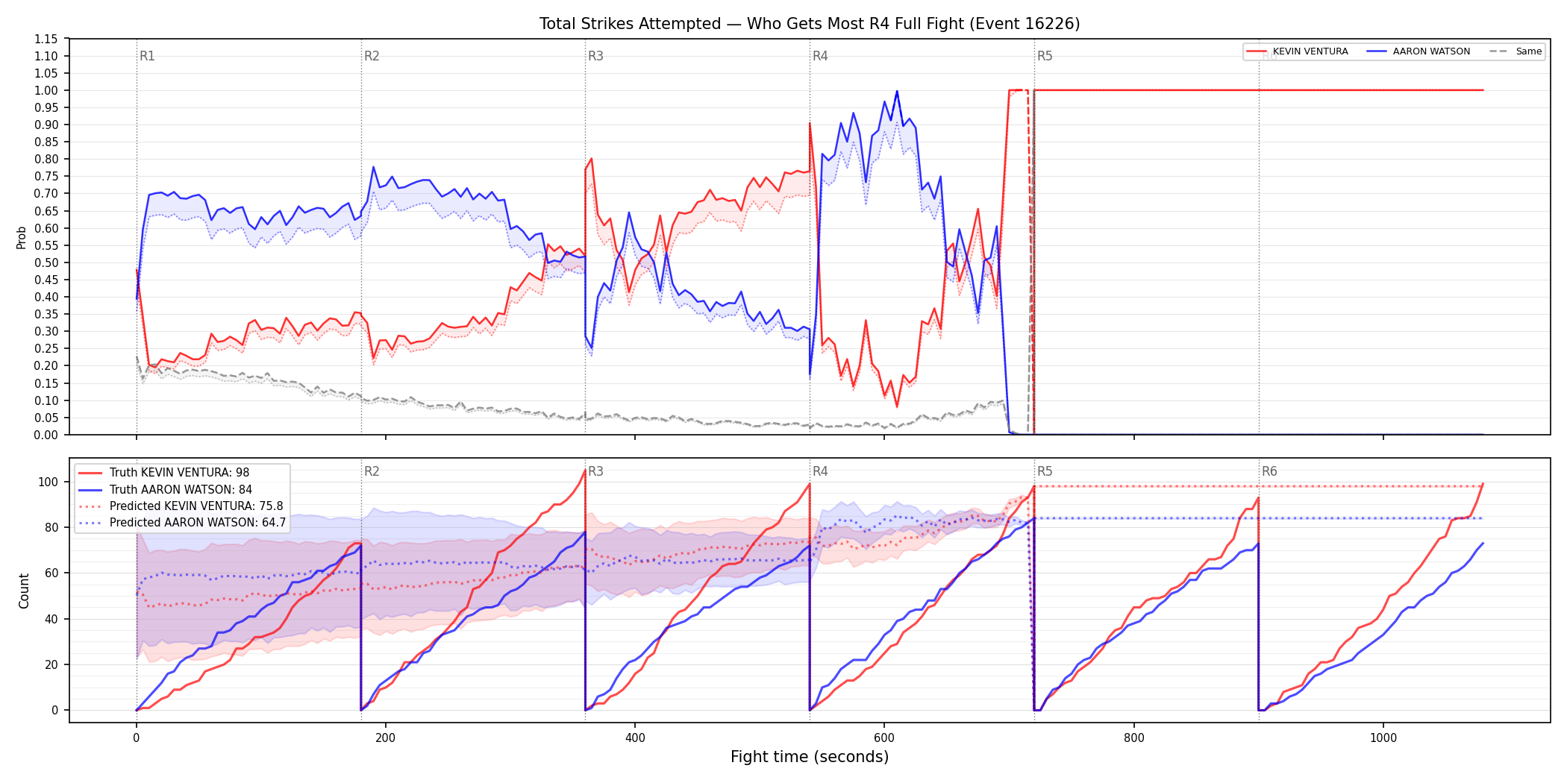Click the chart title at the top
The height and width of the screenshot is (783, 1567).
coord(810,24)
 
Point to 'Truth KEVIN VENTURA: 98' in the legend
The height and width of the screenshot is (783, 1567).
coord(179,473)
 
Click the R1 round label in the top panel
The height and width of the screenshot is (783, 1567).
coord(147,56)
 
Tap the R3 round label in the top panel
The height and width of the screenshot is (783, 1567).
coord(595,56)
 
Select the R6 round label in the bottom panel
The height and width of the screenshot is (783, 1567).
coord(1269,471)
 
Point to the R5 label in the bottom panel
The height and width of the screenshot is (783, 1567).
coord(1045,471)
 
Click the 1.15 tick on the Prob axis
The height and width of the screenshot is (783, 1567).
coord(46,39)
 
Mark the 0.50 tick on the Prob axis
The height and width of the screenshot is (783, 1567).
coord(46,262)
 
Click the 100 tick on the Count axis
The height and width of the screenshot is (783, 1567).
coord(49,482)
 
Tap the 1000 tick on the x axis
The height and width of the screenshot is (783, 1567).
coord(1383,738)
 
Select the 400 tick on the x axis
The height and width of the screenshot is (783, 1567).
coord(635,738)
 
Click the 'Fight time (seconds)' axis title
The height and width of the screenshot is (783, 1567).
coord(810,757)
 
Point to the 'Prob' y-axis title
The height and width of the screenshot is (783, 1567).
coord(22,237)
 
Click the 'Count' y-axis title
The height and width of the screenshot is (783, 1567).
coord(24,591)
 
